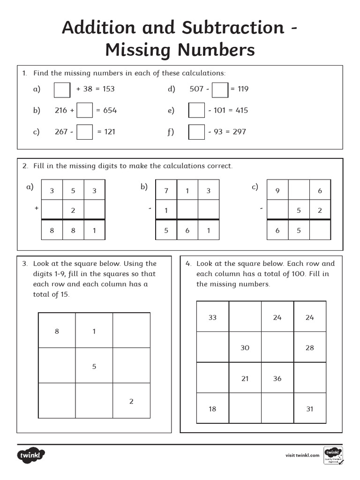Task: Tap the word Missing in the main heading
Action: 135,50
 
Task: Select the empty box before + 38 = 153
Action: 62,89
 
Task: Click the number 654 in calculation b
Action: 110,111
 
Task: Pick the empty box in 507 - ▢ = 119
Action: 220,89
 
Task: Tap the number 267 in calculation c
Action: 61,132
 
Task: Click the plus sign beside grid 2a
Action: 36,207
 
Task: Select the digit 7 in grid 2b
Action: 166,190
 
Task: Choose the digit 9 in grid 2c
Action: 277,190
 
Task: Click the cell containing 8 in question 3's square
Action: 57,331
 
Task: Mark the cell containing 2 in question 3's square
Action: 131,401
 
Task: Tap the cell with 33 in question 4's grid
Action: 212,317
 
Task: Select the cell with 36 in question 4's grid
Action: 277,378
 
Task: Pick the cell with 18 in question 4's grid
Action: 212,409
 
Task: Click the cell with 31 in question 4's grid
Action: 309,409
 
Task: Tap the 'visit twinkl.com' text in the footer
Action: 302,455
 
